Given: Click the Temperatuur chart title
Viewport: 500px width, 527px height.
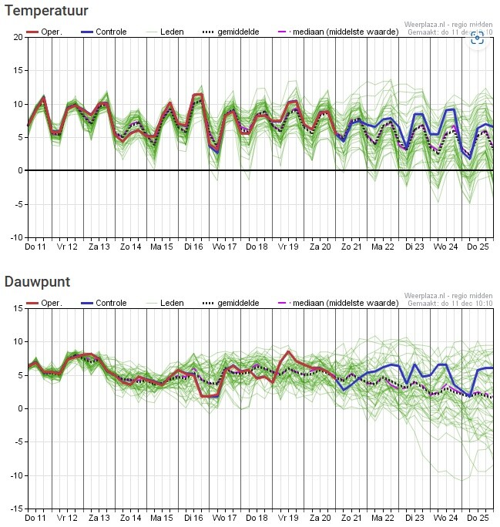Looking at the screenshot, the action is coord(46,11).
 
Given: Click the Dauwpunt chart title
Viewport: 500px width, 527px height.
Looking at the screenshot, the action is coord(37,282).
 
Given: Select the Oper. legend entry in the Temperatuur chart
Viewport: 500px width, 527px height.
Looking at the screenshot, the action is coord(45,32).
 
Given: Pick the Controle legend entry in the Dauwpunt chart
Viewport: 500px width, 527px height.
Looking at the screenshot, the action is coord(104,303).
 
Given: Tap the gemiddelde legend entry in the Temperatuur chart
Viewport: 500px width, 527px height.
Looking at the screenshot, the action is coord(231,32).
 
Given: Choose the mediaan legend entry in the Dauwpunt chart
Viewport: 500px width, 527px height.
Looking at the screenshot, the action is coord(338,303).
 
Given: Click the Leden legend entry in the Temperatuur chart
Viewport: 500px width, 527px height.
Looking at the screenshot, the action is coord(165,32).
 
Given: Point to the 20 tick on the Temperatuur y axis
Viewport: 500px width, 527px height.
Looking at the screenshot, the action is coord(18,37).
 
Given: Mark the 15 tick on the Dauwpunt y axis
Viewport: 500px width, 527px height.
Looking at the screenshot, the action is coord(18,308).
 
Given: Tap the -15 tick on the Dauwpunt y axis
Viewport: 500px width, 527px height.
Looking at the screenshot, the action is coord(16,509).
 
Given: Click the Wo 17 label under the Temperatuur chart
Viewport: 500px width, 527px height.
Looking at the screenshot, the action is coord(224,247).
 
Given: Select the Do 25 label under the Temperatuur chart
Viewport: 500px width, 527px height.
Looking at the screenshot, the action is coord(478,247).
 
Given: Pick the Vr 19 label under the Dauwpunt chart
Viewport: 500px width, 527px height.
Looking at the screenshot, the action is coord(288,518).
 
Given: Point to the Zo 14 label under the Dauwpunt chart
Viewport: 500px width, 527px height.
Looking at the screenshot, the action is coord(130,518).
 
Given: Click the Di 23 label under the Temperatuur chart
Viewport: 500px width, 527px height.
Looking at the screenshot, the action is coord(414,247).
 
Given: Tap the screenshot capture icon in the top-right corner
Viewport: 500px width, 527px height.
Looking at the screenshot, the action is coord(477,38).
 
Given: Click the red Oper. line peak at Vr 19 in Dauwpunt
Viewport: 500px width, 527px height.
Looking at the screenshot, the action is coord(288,352).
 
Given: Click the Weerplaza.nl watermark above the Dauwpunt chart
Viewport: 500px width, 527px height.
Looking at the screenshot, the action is coord(448,296).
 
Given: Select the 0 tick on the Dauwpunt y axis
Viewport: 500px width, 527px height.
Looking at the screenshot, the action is coord(21,408).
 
